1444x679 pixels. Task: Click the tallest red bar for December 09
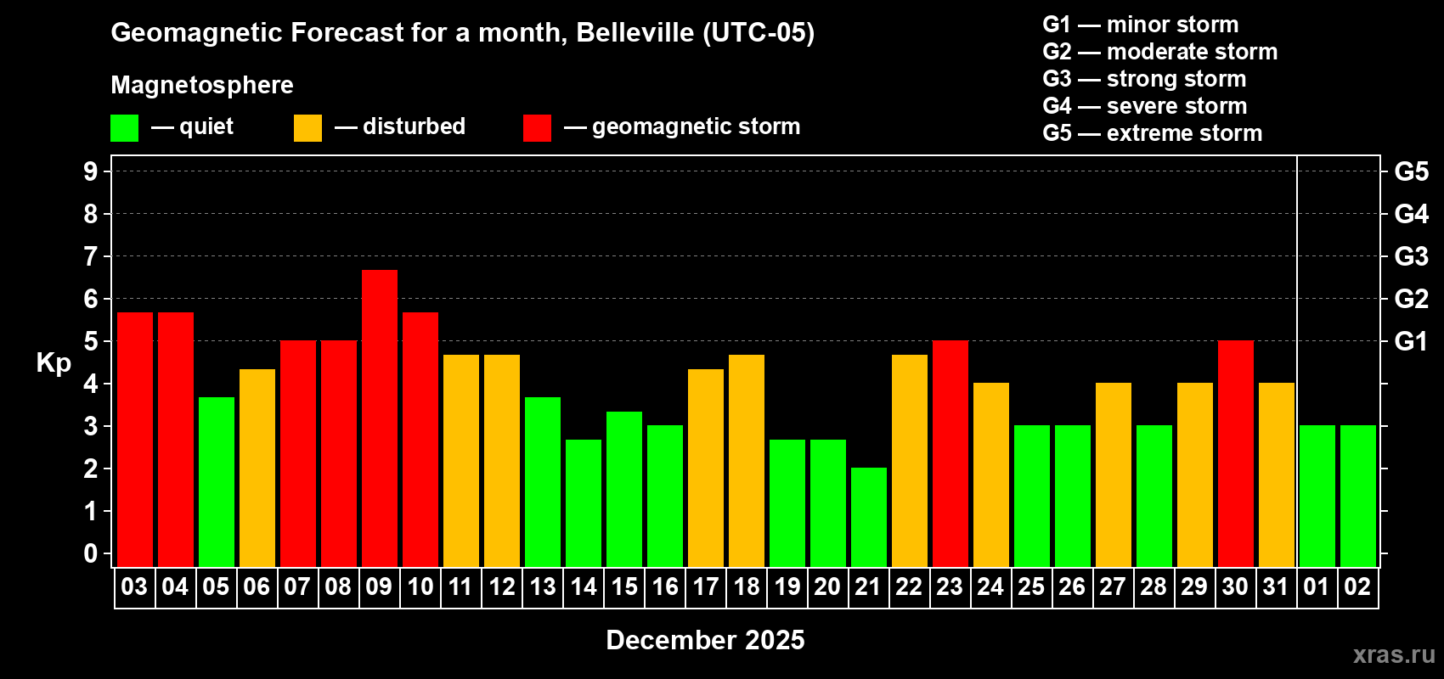click(380, 418)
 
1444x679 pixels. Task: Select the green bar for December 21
click(869, 517)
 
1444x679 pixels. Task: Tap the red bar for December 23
click(950, 453)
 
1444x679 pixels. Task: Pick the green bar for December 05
click(217, 481)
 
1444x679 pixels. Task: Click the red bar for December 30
click(1236, 453)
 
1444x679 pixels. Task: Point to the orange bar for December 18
click(747, 460)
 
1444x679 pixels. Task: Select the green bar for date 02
click(1358, 496)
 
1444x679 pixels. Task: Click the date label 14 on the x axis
click(584, 586)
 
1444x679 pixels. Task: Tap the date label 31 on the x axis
click(1276, 586)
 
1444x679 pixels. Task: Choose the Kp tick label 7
click(91, 256)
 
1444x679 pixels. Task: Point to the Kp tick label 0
click(91, 553)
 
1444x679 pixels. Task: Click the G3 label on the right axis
click(1411, 256)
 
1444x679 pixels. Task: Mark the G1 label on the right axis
click(1411, 341)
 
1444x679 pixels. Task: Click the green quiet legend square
click(125, 128)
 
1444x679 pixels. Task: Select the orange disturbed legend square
click(307, 128)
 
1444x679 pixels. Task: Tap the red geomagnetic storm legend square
click(537, 128)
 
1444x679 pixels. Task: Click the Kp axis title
click(54, 362)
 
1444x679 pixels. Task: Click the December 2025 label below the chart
click(705, 640)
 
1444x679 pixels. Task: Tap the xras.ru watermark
click(1394, 654)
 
